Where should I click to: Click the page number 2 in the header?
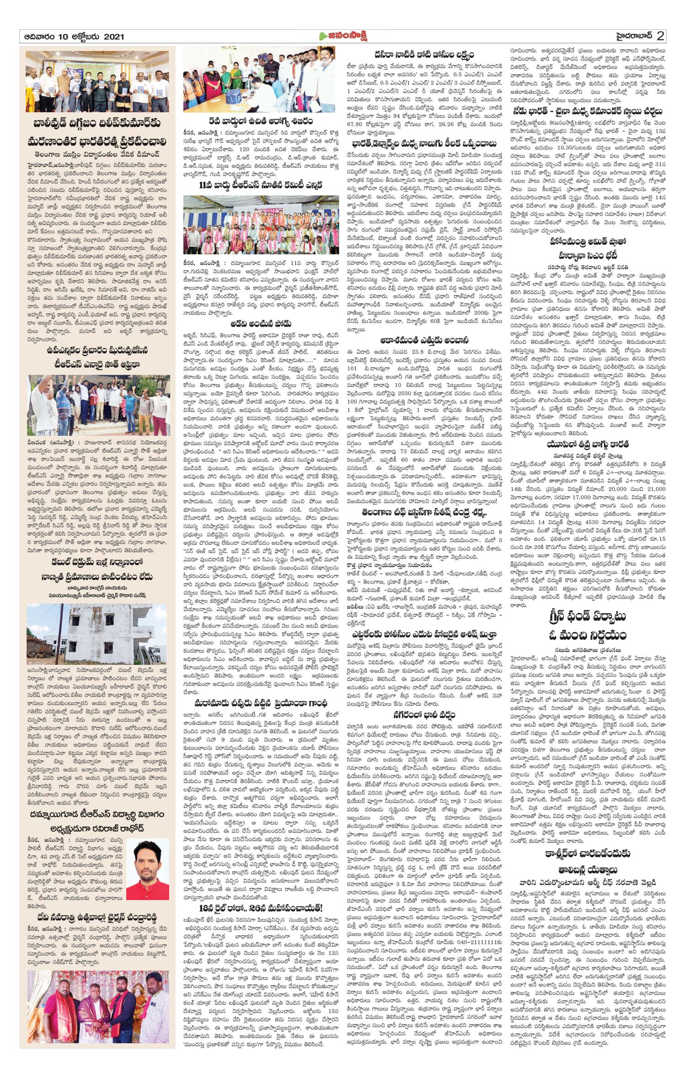tap(660, 36)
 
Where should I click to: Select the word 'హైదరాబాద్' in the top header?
tap(625, 37)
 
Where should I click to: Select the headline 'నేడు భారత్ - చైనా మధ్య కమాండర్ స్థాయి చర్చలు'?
tap(587, 111)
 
